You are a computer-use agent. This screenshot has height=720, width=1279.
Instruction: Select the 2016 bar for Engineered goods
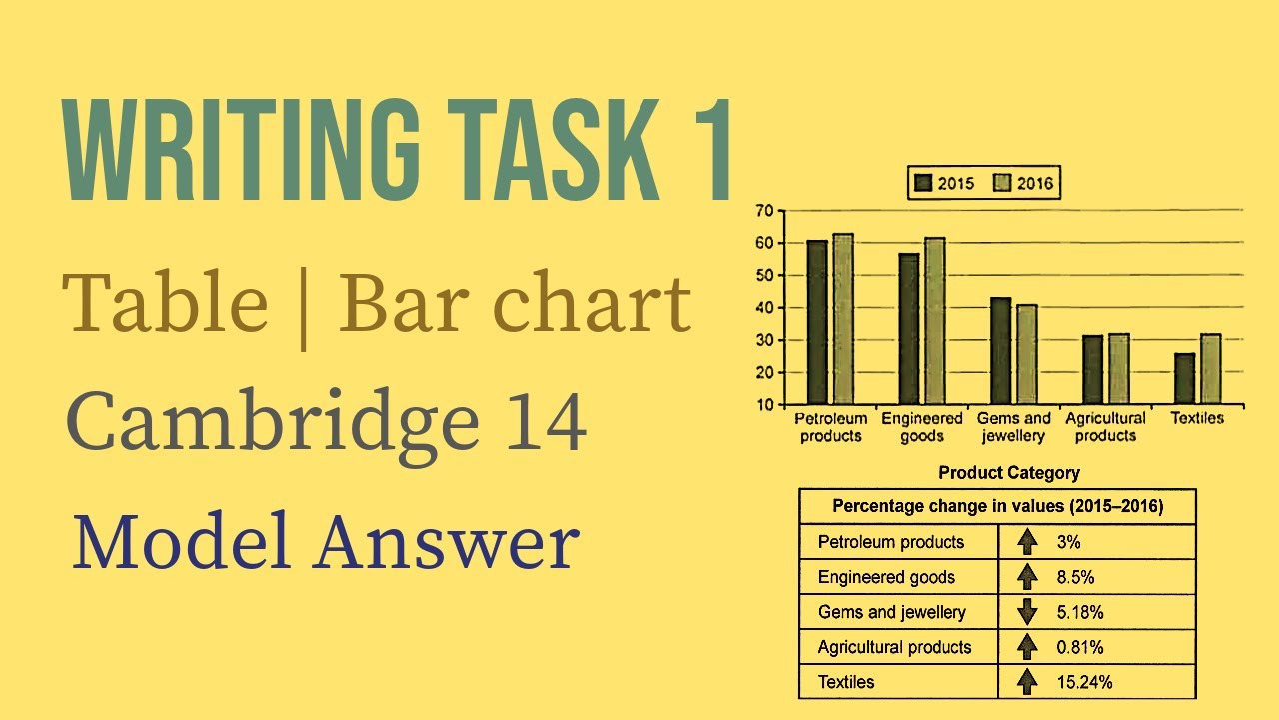934,321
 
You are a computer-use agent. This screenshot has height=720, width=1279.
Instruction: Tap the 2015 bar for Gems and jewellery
1000,351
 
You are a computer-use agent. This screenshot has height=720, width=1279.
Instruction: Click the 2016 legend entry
1024,183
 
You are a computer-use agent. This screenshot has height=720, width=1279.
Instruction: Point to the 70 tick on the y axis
764,211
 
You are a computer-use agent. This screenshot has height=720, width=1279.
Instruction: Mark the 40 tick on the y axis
764,308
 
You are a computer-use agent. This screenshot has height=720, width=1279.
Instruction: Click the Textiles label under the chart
1196,418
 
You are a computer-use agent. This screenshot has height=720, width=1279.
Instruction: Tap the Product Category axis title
1009,472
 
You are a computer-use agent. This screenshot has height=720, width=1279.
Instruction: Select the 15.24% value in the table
1084,682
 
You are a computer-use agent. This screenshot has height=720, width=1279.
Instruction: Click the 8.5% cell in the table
1075,577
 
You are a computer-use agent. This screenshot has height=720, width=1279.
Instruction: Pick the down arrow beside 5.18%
1026,612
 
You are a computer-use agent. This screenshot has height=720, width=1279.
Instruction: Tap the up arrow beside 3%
1026,542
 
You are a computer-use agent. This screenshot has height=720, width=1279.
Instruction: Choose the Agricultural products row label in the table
894,647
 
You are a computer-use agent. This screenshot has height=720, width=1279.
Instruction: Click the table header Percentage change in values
997,506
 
